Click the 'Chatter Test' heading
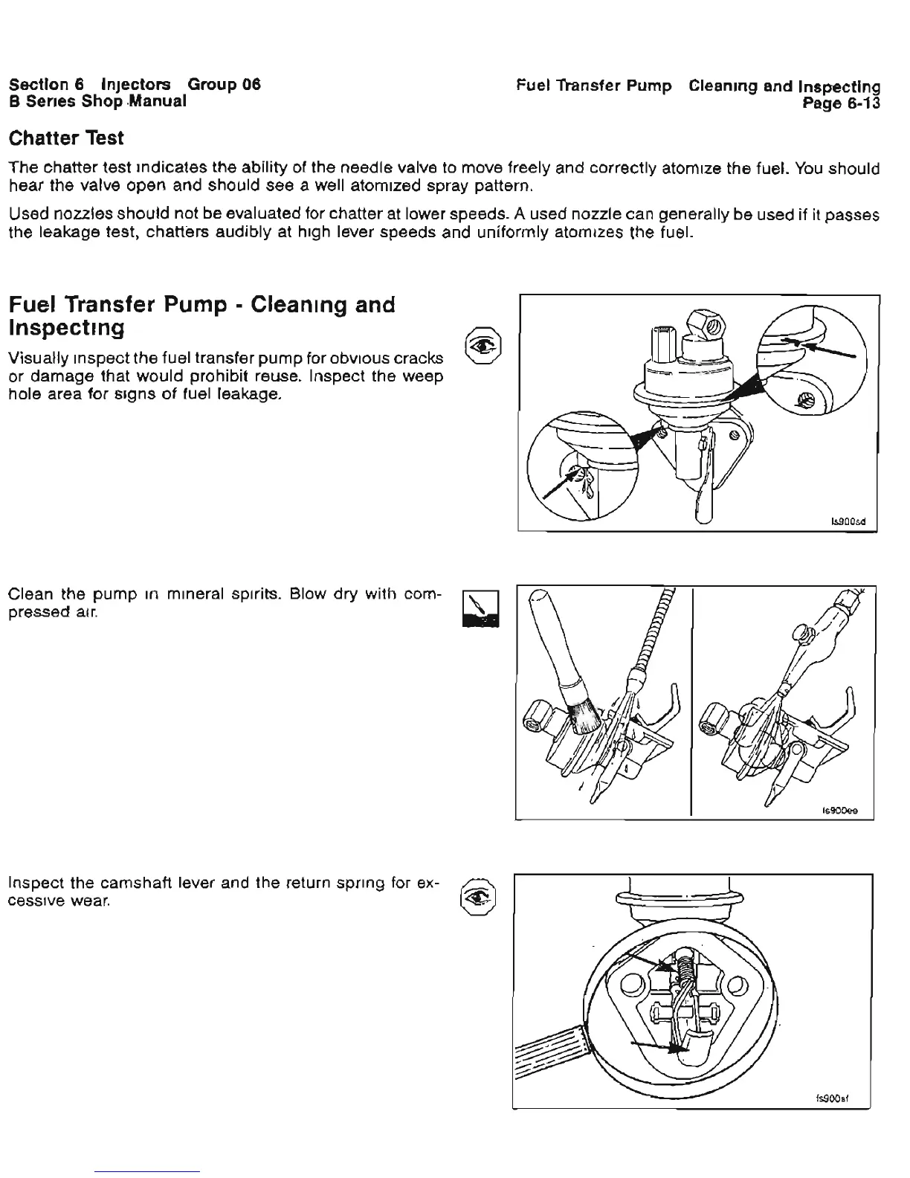65,138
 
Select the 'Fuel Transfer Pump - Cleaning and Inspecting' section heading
201,316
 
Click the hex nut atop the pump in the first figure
703,324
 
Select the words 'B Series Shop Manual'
97,101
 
